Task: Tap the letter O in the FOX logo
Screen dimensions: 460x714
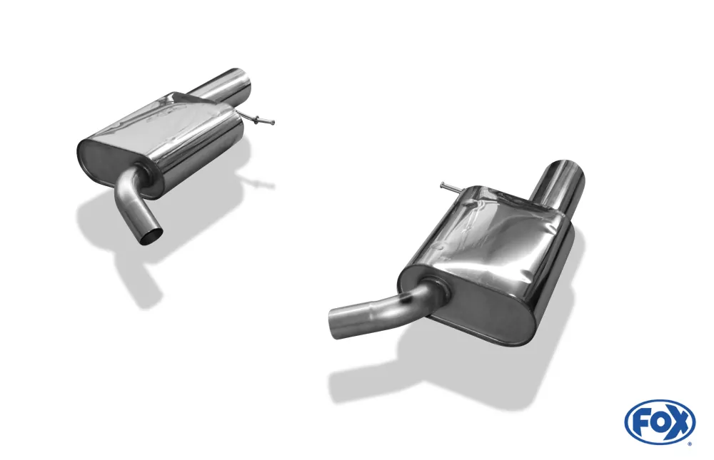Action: tap(659, 422)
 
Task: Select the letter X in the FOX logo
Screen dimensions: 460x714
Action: tap(679, 422)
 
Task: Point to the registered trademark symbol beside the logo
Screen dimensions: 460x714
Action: tap(690, 444)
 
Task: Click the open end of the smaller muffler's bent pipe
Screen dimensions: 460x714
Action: tap(151, 235)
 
